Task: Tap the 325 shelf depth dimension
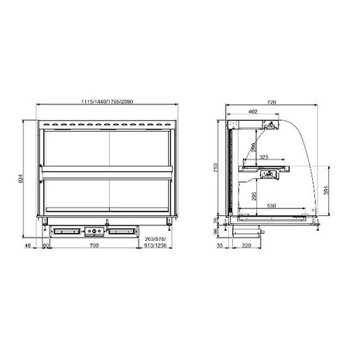pos(266,157)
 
